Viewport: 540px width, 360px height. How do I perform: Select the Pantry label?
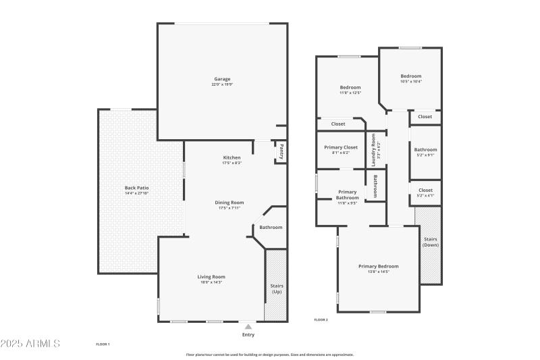281,152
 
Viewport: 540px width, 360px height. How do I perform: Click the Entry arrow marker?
248,327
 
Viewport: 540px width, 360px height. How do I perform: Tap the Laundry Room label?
374,150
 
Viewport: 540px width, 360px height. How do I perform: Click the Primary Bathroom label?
347,195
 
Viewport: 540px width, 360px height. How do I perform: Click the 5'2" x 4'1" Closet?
425,192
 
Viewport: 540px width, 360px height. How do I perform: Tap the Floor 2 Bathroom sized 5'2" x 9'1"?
425,152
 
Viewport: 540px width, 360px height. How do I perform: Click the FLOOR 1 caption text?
103,344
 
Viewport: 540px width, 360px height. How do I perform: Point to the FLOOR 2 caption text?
321,319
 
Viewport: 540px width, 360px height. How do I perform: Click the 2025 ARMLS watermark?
30,344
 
